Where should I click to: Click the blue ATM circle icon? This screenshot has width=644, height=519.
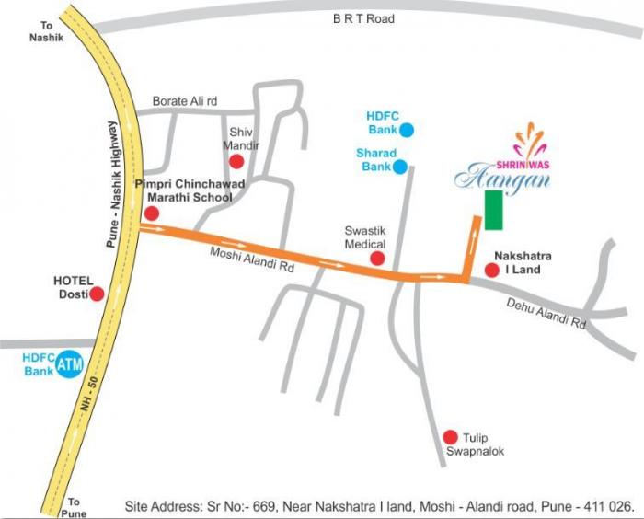[69, 365]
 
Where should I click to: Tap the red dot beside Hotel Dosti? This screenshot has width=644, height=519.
[97, 294]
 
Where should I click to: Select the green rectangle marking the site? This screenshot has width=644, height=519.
[495, 210]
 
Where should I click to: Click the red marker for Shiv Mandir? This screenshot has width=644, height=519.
[236, 163]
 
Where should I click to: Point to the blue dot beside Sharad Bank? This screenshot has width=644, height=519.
[399, 167]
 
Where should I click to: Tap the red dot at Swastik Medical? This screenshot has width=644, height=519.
[376, 259]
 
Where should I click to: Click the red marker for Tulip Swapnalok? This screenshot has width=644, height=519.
[450, 437]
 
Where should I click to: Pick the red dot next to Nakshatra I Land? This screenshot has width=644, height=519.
[492, 271]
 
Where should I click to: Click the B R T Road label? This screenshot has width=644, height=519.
[364, 18]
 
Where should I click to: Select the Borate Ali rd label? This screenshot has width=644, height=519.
[184, 101]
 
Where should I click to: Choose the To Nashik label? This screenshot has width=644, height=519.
[42, 33]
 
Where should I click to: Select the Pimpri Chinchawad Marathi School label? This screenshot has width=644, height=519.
[190, 190]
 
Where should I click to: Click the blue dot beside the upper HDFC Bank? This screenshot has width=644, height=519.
[407, 131]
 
